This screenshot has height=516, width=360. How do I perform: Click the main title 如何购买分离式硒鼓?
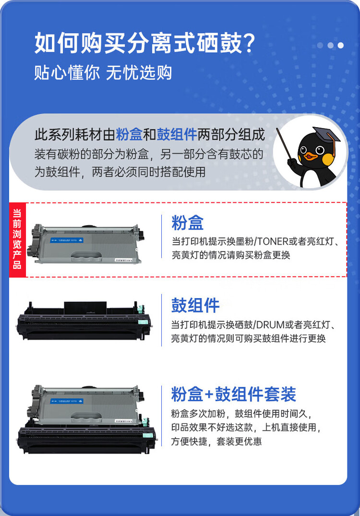(144, 44)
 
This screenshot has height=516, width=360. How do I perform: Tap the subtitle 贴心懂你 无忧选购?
(103, 73)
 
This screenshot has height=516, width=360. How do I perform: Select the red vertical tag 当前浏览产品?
(17, 239)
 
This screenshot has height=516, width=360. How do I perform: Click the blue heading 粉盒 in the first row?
(187, 223)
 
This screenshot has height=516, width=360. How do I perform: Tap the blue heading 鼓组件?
(195, 305)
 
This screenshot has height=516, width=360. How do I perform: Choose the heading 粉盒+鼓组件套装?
(233, 394)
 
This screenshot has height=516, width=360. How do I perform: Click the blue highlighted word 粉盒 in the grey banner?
(129, 134)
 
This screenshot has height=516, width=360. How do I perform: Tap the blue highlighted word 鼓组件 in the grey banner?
(177, 134)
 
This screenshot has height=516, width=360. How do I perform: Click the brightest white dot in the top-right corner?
(340, 46)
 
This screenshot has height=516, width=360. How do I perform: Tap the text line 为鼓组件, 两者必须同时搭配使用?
(120, 171)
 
